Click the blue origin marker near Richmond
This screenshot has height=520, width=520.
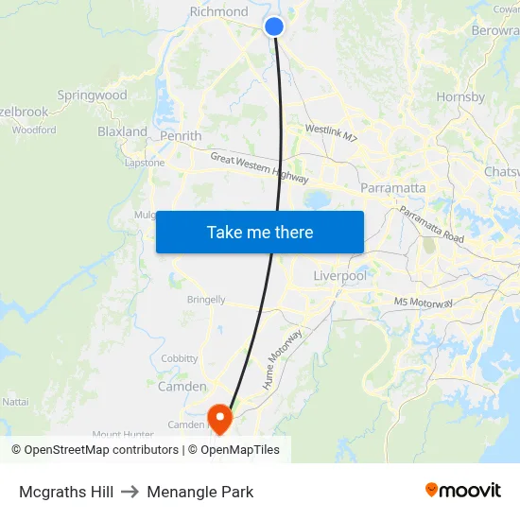click(274, 26)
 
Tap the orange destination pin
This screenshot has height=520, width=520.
click(219, 418)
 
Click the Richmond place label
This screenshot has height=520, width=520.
click(218, 12)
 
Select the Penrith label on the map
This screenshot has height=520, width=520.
click(181, 136)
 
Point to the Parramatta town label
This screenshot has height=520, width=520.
click(392, 187)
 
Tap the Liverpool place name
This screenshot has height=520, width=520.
click(339, 275)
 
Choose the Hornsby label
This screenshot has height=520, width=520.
click(460, 96)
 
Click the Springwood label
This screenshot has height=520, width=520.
click(92, 95)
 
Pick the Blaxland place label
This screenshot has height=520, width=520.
click(122, 131)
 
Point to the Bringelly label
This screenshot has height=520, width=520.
click(206, 300)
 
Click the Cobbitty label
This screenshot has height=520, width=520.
click(180, 358)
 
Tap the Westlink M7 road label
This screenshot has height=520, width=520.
click(331, 133)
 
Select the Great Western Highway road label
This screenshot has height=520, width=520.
click(259, 167)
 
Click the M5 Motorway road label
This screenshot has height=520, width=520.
click(424, 303)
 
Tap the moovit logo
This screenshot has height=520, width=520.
click(462, 491)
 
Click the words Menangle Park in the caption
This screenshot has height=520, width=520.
click(199, 492)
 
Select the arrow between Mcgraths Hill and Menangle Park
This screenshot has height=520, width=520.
click(130, 492)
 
